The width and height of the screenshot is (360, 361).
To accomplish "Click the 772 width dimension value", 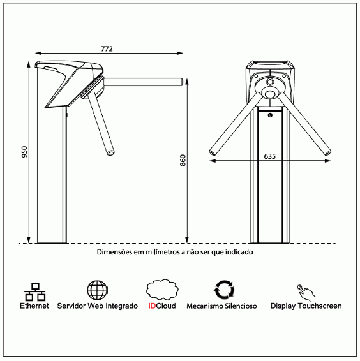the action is tap(107, 49).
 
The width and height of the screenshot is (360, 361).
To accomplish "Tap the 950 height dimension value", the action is tap(24, 152).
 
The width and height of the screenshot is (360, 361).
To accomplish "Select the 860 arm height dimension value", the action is tap(183, 160).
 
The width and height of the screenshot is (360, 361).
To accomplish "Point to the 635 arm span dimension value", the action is tap(269, 156).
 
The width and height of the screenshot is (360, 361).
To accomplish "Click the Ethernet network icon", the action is tap(34, 292).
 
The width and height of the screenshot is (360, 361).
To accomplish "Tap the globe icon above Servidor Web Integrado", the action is tap(98, 290).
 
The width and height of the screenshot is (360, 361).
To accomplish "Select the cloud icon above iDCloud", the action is tap(162, 290).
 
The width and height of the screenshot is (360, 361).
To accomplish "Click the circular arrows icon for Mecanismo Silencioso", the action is tap(224, 290).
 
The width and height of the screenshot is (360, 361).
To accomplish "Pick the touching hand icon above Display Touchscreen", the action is tap(306, 292).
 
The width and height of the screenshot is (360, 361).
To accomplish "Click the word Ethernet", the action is tap(34, 306).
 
